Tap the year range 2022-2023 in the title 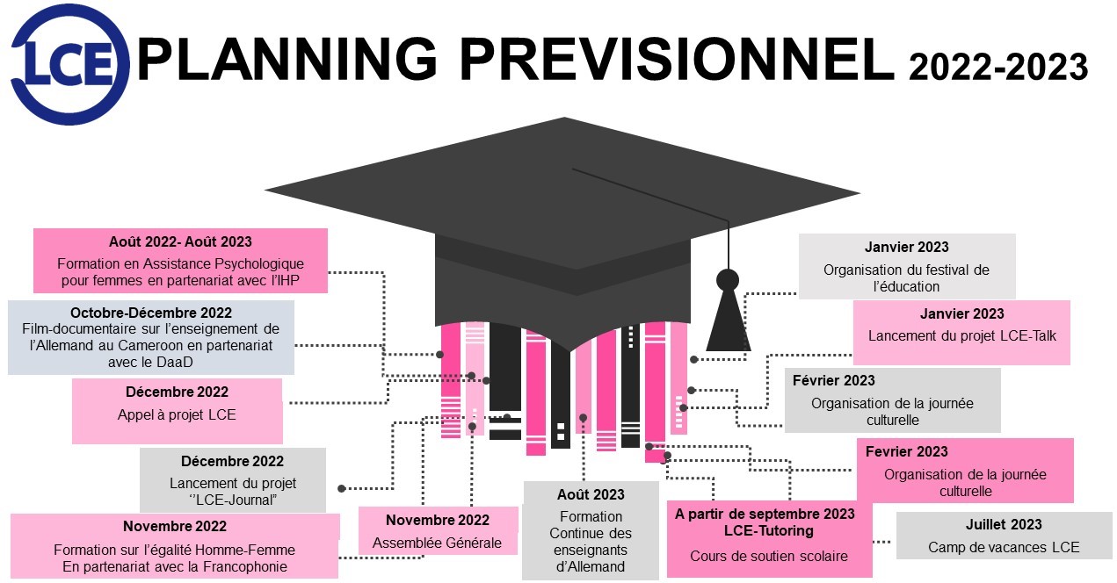998,67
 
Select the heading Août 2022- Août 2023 180,241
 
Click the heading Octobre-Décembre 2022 151,313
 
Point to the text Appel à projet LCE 177,414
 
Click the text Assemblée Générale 437,543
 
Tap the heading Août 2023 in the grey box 591,494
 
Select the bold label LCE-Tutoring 769,530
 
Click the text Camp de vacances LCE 1004,547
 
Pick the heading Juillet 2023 1004,524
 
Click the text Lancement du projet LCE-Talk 961,335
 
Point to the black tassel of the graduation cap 728,316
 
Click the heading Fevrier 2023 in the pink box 907,451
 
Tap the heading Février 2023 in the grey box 833,380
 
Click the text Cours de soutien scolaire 768,556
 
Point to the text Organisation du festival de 906,270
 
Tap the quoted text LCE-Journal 233,500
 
